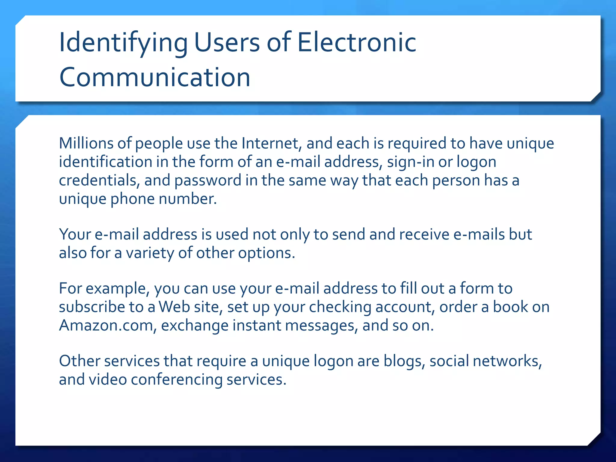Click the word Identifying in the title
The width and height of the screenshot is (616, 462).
point(123,43)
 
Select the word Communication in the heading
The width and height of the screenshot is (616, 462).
point(155,77)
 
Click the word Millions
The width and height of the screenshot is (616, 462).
point(86,143)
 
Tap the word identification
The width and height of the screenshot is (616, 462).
point(105,162)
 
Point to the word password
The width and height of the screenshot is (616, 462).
point(208,181)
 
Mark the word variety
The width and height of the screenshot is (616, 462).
point(150,253)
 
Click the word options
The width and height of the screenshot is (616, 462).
point(266,253)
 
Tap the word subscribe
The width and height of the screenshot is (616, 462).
point(92,307)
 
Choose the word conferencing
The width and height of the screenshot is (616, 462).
point(177,380)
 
